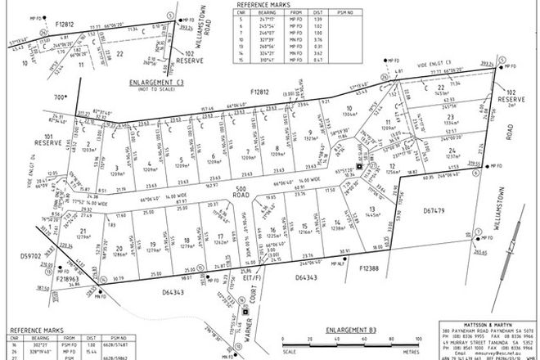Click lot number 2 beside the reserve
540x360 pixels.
pyautogui.click(x=87, y=144)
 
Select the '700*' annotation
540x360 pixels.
pyautogui.click(x=60, y=97)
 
